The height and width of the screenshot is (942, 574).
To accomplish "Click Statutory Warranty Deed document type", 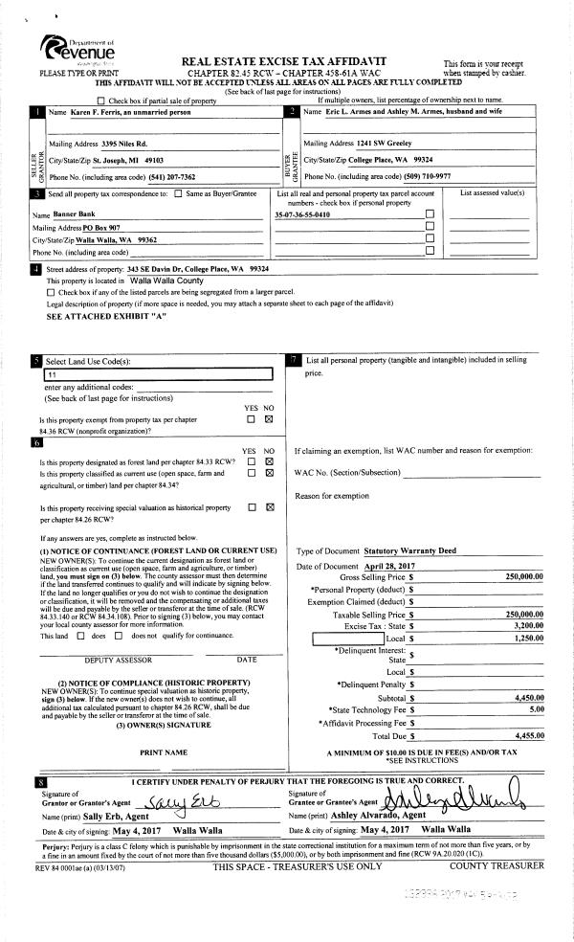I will pos(410,551).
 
